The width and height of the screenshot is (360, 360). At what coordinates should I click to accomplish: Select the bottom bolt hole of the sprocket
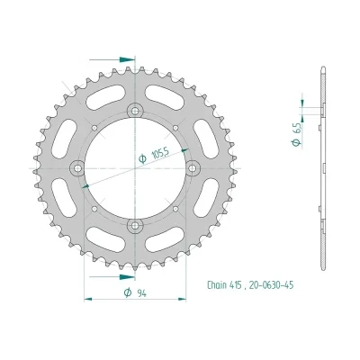point(135,224)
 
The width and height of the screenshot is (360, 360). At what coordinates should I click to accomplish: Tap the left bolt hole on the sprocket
point(78,167)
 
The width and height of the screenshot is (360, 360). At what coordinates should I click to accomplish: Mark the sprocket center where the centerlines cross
point(135,167)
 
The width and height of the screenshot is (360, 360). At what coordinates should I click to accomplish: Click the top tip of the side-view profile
point(321,66)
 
